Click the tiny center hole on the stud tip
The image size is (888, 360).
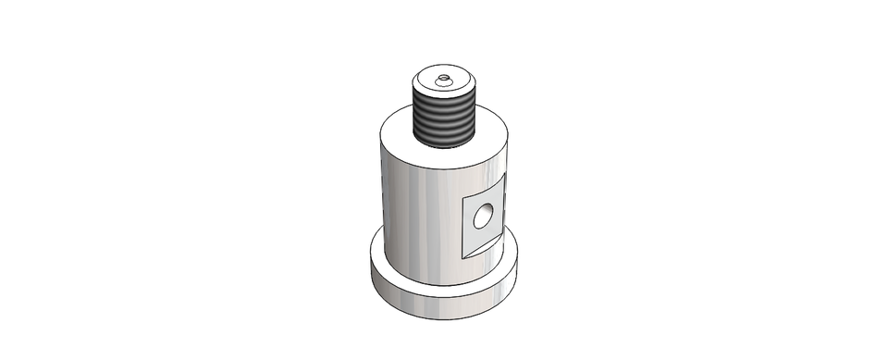[x=444, y=78]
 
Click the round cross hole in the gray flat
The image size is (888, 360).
[x=483, y=217]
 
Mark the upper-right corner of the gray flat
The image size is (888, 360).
[x=502, y=178]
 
